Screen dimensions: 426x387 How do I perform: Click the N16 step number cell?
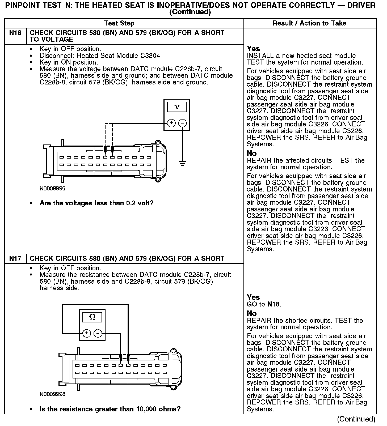[x=15, y=33]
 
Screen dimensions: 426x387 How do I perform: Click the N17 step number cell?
[x=15, y=259]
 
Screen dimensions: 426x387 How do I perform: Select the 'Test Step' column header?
[x=119, y=23]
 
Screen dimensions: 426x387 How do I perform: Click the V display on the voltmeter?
[x=177, y=107]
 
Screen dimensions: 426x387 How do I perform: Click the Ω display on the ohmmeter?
[x=92, y=317]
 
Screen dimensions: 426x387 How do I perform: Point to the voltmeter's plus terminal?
[x=171, y=123]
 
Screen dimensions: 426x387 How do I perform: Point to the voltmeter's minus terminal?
[x=182, y=123]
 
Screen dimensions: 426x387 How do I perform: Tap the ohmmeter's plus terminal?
[x=87, y=333]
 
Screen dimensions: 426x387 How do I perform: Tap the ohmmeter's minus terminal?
[x=98, y=333]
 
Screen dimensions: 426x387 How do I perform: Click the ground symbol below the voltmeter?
[x=182, y=163]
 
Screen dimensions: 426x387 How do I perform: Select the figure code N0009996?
[x=52, y=189]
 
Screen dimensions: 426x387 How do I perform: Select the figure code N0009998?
[x=52, y=394]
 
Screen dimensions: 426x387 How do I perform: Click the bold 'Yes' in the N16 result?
[x=253, y=49]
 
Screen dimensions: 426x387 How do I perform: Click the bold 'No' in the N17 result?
[x=252, y=313]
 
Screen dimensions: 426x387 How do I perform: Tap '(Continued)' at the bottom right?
[x=356, y=419]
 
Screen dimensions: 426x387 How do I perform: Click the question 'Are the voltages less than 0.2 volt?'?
[x=96, y=203]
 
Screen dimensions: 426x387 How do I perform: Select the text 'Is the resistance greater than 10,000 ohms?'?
[x=110, y=409]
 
